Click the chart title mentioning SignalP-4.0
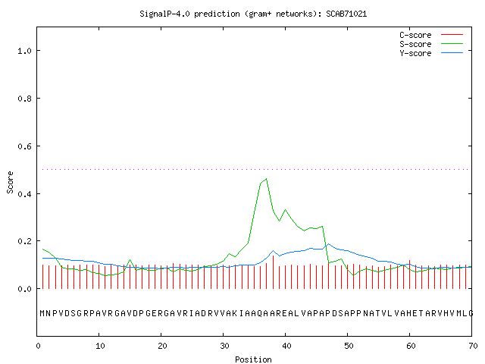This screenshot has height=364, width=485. pos(253,14)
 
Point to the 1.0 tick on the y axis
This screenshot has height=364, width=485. pos(24,51)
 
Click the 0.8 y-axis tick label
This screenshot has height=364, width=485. pos(24,99)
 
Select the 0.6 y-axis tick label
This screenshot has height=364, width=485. pos(24,146)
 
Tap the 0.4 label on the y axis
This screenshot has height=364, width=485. pos(24,194)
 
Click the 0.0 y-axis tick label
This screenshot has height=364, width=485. pos(24,289)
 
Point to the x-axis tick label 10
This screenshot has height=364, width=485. pos(100,346)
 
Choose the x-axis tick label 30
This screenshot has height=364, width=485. pos(224,346)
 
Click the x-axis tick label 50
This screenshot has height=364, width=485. pos(349,346)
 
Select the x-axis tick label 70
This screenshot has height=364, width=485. pos(473,346)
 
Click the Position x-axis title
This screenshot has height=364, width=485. pos(253,359)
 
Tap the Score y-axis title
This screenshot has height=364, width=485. pos(10,182)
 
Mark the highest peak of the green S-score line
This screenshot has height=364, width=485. pos(266,179)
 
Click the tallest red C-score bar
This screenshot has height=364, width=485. pos(273,272)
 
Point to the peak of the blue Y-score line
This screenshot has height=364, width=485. pos(328,244)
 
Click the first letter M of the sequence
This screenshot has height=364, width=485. pos(42,313)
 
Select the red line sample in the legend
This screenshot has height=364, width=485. pos(452,35)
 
